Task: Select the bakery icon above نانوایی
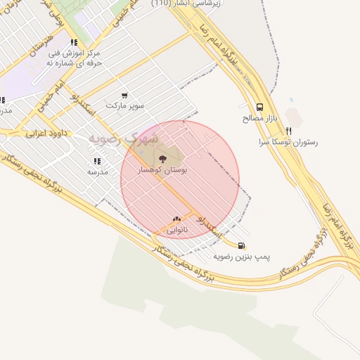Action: click(x=176, y=219)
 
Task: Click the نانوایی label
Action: click(x=176, y=230)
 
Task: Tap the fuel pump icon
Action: click(x=242, y=245)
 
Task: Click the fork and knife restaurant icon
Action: click(x=288, y=130)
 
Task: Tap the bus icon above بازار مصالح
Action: click(x=260, y=108)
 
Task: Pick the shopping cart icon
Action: click(x=124, y=96)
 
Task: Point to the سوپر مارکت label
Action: click(x=125, y=106)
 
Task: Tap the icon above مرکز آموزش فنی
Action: click(x=74, y=42)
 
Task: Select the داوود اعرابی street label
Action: click(x=44, y=131)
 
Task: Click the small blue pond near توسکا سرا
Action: click(x=290, y=102)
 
